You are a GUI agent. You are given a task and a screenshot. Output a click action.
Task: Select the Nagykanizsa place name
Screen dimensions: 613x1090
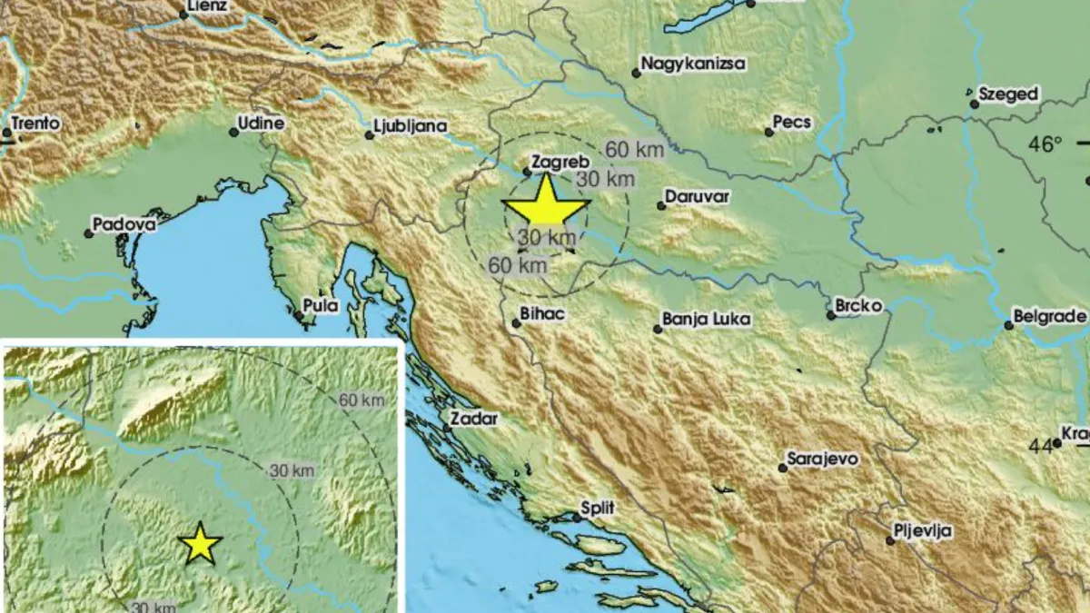(693, 64)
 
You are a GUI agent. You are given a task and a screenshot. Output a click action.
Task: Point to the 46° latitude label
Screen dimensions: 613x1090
(1045, 143)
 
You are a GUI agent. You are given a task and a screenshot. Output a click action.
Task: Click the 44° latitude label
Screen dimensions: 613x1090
(1044, 445)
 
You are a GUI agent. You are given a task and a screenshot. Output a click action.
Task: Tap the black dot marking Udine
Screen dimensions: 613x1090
(233, 132)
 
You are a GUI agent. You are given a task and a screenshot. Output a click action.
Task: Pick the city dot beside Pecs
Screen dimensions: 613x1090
(768, 132)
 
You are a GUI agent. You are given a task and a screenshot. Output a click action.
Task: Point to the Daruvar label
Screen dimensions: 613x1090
(698, 196)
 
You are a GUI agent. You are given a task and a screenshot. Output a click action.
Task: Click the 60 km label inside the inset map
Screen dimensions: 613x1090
(361, 400)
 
